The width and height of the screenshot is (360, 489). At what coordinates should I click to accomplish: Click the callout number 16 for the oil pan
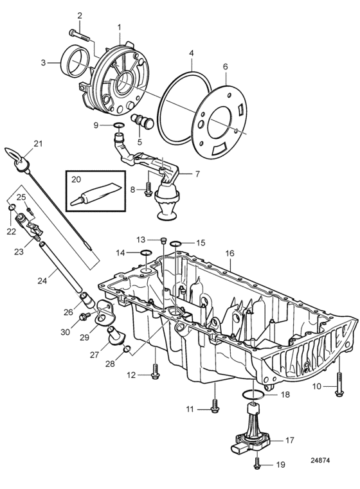[x=230, y=253]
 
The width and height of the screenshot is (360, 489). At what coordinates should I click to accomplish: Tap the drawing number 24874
[x=319, y=460]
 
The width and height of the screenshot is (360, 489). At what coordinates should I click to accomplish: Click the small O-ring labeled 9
[x=118, y=125]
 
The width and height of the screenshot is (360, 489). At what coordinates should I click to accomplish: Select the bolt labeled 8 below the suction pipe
[x=148, y=189]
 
